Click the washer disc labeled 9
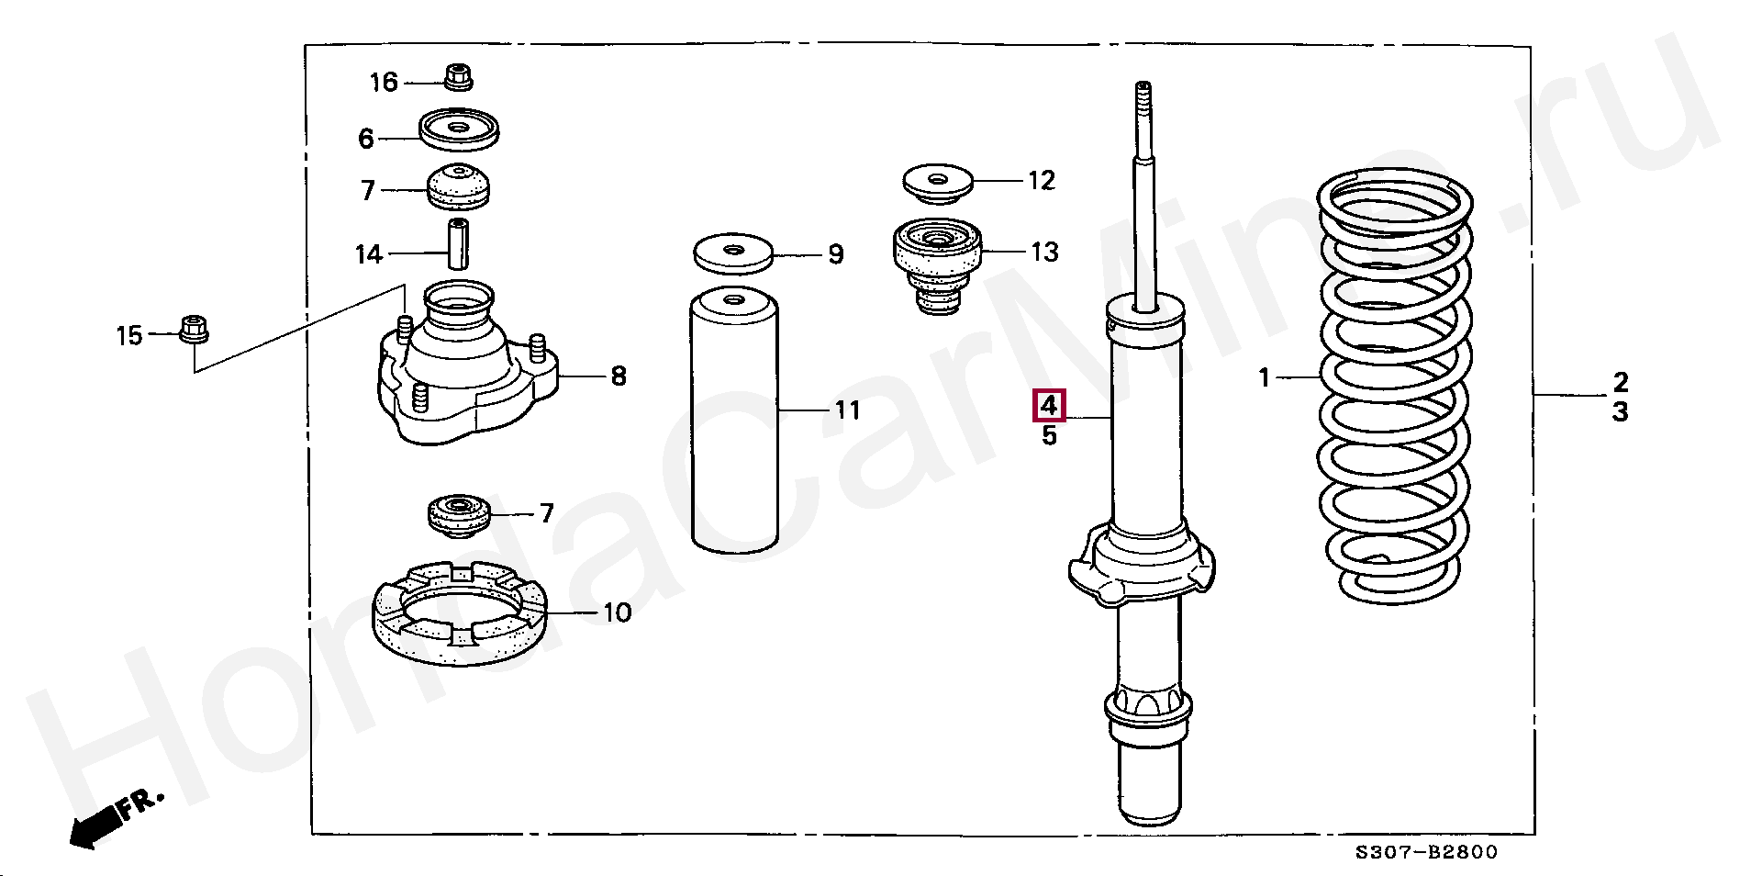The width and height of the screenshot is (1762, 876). point(732,253)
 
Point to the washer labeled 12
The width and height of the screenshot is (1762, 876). point(938,184)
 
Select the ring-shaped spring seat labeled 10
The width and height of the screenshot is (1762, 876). point(460,612)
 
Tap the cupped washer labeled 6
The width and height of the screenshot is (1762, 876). point(459,129)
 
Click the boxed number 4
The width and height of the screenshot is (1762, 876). point(1049,405)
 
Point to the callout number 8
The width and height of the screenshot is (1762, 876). point(619,376)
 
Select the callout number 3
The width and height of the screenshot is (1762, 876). point(1621,411)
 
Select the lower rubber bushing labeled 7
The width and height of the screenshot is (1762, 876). point(459,516)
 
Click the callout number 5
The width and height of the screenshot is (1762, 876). point(1049,436)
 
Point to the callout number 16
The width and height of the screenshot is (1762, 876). point(384,83)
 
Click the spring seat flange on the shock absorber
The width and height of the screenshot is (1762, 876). point(1143,565)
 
